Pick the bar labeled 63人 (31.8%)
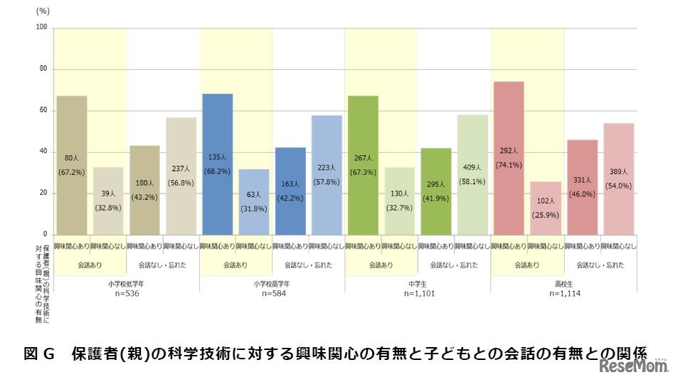pos(254,202)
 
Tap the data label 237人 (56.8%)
pos(181,175)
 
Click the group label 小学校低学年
pos(127,282)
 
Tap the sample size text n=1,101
pos(417,293)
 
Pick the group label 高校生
pos(563,282)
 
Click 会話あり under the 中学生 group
pos(381,265)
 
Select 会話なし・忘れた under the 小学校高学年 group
pos(308,265)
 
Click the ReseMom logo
pos(634,366)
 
